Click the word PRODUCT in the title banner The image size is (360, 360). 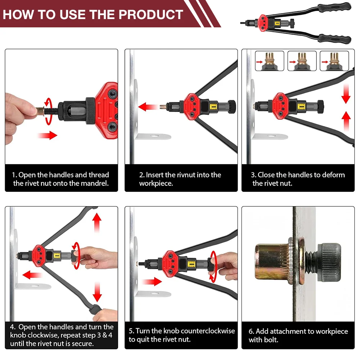click(151, 15)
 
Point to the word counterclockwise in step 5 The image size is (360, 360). click(208, 331)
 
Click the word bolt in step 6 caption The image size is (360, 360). click(271, 340)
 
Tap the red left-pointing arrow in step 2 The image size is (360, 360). click(148, 107)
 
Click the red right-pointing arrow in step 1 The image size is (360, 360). click(47, 135)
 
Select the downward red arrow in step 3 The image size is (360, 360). click(346, 94)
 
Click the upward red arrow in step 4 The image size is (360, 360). click(97, 223)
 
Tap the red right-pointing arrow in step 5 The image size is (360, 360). click(152, 282)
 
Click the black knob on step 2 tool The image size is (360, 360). click(232, 107)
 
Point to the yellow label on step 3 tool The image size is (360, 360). click(301, 106)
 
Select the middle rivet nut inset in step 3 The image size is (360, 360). click(302, 61)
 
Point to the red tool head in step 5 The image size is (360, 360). click(170, 263)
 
